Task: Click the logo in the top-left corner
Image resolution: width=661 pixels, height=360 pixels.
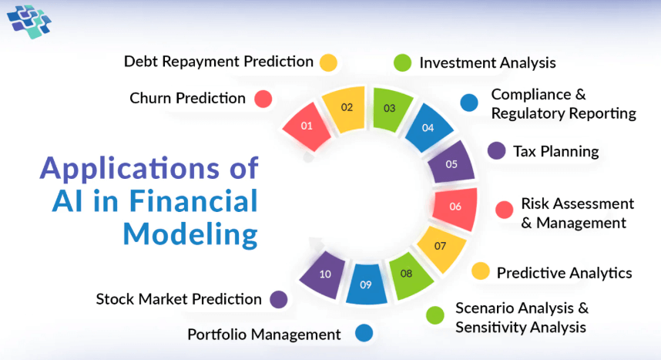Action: tap(29, 22)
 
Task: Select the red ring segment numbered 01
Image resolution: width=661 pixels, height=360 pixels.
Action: tap(307, 126)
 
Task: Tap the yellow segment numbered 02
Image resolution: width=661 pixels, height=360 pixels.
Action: tap(344, 109)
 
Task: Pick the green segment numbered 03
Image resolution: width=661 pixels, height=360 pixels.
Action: tap(391, 109)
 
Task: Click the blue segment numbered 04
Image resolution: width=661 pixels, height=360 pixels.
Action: tap(428, 127)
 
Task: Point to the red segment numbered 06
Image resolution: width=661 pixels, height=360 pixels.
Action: tap(455, 208)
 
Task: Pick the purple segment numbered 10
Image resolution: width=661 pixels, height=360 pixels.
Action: tap(323, 274)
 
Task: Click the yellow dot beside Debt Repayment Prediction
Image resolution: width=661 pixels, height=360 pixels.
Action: tap(328, 63)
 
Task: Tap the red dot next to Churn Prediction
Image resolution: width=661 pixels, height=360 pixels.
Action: tap(263, 99)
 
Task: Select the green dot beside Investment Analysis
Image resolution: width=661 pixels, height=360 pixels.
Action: tap(402, 63)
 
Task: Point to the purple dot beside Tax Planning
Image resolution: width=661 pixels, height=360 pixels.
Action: tap(497, 150)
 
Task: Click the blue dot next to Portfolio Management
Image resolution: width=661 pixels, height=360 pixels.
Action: tap(364, 333)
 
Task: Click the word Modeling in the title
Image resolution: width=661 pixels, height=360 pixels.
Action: tap(190, 234)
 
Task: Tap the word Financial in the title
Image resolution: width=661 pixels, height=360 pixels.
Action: tap(193, 200)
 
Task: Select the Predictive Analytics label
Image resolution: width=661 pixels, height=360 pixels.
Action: tap(564, 273)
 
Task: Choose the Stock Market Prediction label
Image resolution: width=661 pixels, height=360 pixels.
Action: tap(179, 299)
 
